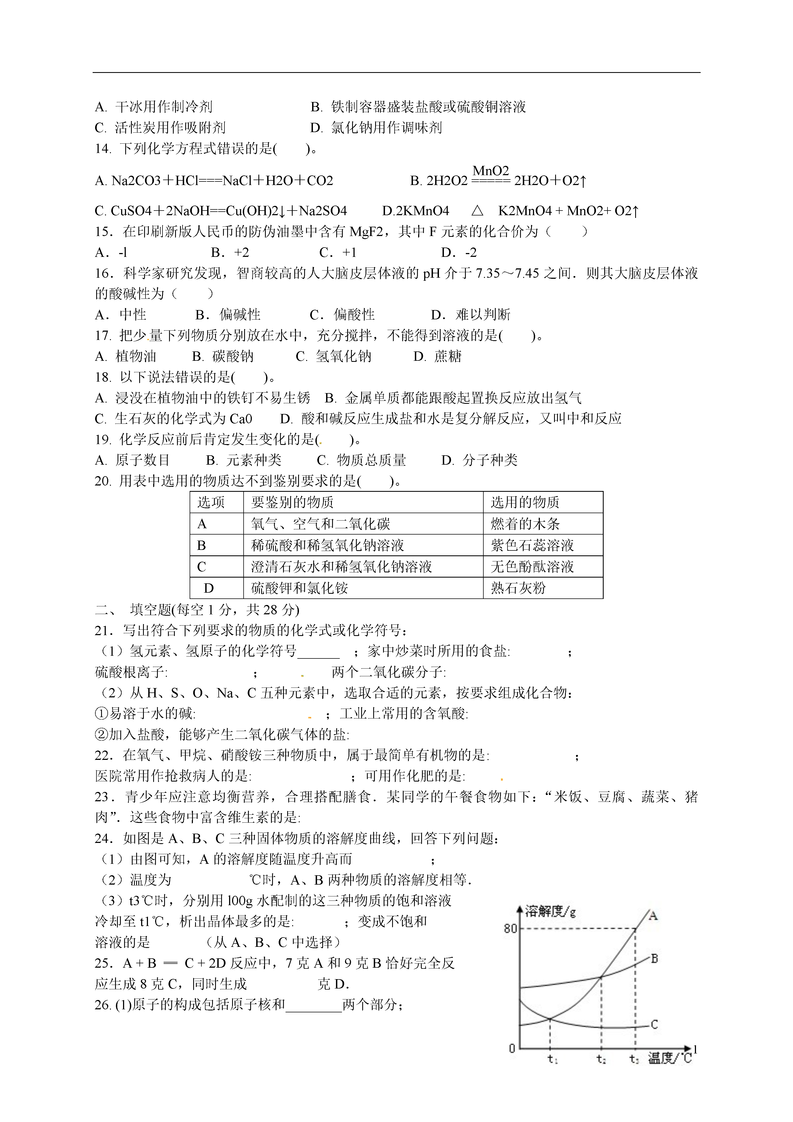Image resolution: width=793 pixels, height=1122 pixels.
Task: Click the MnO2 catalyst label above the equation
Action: (x=490, y=171)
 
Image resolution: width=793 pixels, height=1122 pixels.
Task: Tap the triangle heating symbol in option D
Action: (x=477, y=211)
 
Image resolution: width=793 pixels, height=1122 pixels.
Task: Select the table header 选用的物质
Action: (x=525, y=502)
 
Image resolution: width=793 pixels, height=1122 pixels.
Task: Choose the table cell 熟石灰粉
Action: (x=518, y=588)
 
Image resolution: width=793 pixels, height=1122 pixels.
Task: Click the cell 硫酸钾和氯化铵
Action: (x=299, y=588)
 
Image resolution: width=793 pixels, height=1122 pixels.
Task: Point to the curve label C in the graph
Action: (x=655, y=1024)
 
